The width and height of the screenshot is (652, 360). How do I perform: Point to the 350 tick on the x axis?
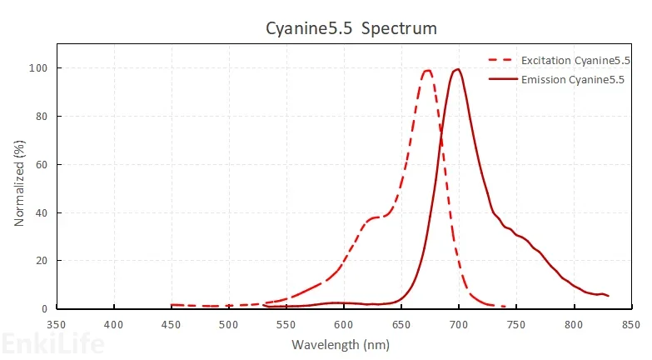56,323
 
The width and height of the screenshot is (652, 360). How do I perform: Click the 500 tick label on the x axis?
228,323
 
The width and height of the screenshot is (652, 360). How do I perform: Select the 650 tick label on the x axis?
401,323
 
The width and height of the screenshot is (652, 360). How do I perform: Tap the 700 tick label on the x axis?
459,323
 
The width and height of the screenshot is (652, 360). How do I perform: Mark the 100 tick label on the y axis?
38,68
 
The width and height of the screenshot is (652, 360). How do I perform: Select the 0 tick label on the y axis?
43,309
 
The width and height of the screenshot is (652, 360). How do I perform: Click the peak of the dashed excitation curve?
427,71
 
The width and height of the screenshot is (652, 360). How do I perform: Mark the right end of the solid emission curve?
609,296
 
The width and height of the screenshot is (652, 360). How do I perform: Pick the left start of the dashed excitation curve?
172,305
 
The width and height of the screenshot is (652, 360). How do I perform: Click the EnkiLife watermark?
52,343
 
